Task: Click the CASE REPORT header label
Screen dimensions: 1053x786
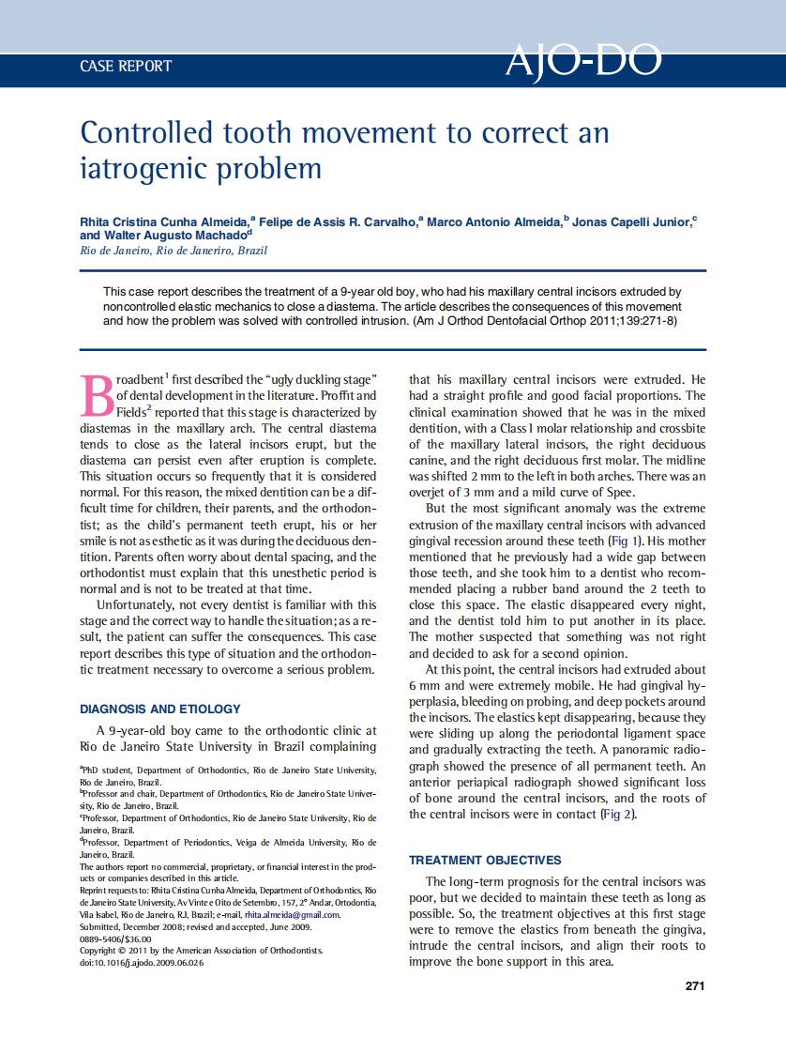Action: pyautogui.click(x=126, y=66)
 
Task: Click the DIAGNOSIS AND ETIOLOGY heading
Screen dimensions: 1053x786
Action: pyautogui.click(x=160, y=709)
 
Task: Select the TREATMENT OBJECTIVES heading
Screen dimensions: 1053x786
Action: pyautogui.click(x=485, y=860)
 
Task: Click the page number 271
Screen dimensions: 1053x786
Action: pyautogui.click(x=694, y=985)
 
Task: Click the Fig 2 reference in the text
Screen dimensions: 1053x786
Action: pyautogui.click(x=618, y=814)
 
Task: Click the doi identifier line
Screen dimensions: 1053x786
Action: pyautogui.click(x=142, y=963)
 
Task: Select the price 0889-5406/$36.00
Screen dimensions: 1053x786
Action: pyautogui.click(x=115, y=939)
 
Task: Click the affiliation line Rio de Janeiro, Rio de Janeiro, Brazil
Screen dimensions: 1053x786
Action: pyautogui.click(x=174, y=251)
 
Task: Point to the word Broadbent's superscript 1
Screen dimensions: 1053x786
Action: pyautogui.click(x=167, y=376)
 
